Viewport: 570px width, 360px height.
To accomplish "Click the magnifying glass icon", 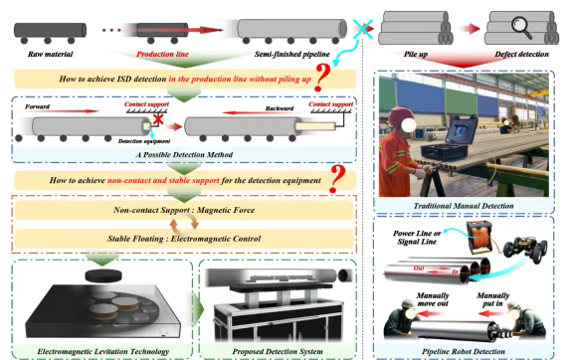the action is click(521, 28).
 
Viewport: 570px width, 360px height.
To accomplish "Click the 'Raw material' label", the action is click(50, 54).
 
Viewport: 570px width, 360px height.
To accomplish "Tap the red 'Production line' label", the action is click(162, 54).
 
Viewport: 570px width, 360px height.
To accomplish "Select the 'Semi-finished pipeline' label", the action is click(291, 54).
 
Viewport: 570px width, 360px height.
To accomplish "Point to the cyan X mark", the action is click(362, 28).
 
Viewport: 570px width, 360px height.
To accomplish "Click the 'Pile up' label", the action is click(416, 55).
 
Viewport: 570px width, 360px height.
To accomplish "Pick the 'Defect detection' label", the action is click(521, 54).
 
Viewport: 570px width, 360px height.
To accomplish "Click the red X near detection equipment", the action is click(158, 118).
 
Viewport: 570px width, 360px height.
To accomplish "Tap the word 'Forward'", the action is click(37, 106).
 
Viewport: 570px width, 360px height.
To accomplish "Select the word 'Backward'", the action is click(280, 108).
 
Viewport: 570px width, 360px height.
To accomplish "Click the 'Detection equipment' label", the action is click(144, 141).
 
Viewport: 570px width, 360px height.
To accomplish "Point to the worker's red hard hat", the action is click(400, 116).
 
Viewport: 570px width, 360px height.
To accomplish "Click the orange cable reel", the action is click(479, 238).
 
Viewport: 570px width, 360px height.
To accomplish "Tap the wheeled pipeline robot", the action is click(525, 250).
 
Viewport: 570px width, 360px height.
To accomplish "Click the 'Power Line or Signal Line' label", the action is click(417, 238).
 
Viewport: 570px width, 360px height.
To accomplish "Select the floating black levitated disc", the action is click(103, 275).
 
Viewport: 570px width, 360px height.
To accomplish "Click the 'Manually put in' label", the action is click(493, 299).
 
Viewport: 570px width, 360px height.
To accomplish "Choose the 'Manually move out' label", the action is click(433, 299).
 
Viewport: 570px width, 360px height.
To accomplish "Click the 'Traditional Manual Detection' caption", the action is click(464, 206).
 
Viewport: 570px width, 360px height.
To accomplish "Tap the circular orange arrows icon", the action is click(184, 224).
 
